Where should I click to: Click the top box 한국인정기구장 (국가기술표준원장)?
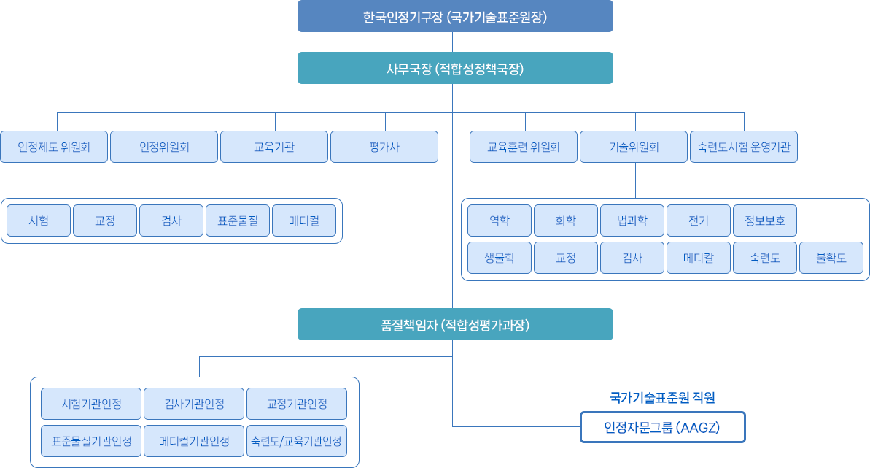coord(455,16)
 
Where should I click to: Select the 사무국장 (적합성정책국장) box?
coord(455,68)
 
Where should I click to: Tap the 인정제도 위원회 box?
coord(54,147)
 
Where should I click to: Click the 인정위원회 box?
coord(164,147)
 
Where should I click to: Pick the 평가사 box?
coord(384,147)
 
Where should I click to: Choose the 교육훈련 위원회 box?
coord(524,147)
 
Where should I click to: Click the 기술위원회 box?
coord(634,147)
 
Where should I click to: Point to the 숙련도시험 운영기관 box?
coord(744,147)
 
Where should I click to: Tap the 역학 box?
coord(500,220)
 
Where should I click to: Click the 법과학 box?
coord(632,220)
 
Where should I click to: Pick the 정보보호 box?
coord(765,220)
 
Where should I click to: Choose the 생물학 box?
coord(500,258)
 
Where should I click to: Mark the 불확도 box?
coord(831,258)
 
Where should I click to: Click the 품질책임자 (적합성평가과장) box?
coord(455,324)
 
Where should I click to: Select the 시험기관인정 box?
coord(91,404)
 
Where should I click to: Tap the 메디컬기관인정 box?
coord(194,441)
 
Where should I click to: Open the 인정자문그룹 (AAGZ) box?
coord(662,428)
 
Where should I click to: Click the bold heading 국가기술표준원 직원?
coord(662,398)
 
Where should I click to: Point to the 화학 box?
coord(566,220)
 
